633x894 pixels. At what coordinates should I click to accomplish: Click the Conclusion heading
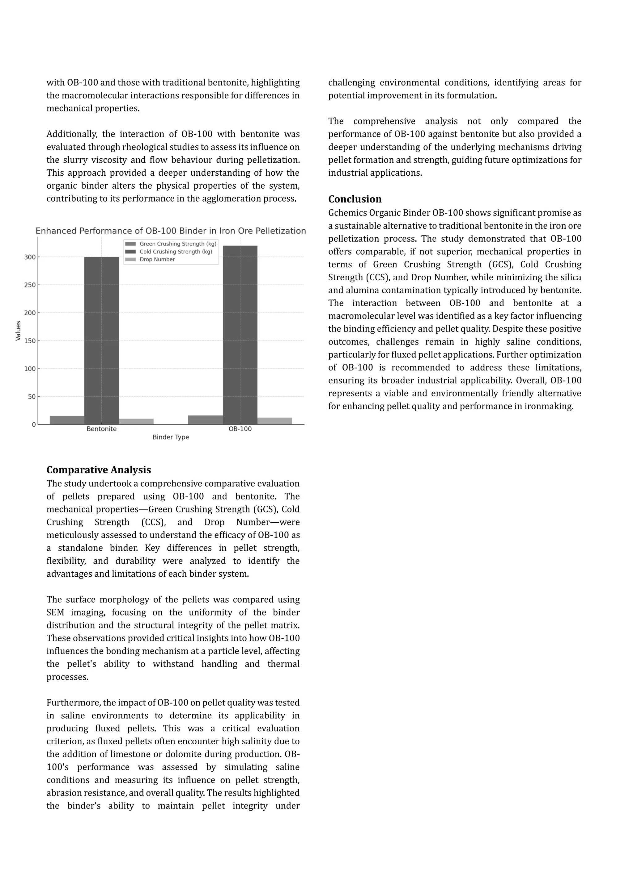[355, 199]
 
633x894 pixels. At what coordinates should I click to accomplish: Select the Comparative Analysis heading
[99, 470]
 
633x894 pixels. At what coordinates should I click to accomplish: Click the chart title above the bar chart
[171, 231]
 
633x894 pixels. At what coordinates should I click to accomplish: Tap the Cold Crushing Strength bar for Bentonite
[102, 341]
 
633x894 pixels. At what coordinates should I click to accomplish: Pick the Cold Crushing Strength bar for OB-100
[240, 335]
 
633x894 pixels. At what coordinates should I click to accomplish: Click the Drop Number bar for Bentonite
[136, 421]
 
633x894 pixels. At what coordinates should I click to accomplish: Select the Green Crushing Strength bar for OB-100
[206, 420]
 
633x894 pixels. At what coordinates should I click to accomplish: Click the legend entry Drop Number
[157, 259]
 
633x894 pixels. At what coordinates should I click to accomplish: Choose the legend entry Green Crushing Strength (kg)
[178, 244]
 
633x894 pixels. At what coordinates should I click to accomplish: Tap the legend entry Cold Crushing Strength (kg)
[176, 252]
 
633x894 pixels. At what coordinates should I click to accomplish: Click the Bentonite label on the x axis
[102, 429]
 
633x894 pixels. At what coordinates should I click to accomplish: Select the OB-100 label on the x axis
[240, 429]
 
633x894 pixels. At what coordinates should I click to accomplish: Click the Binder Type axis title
[171, 437]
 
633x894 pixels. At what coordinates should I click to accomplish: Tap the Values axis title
[18, 331]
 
